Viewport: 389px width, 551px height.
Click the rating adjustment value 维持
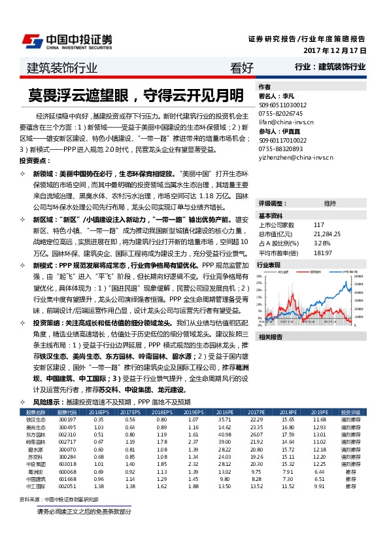coord(330,204)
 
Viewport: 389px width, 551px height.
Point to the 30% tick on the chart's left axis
coord(261,275)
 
